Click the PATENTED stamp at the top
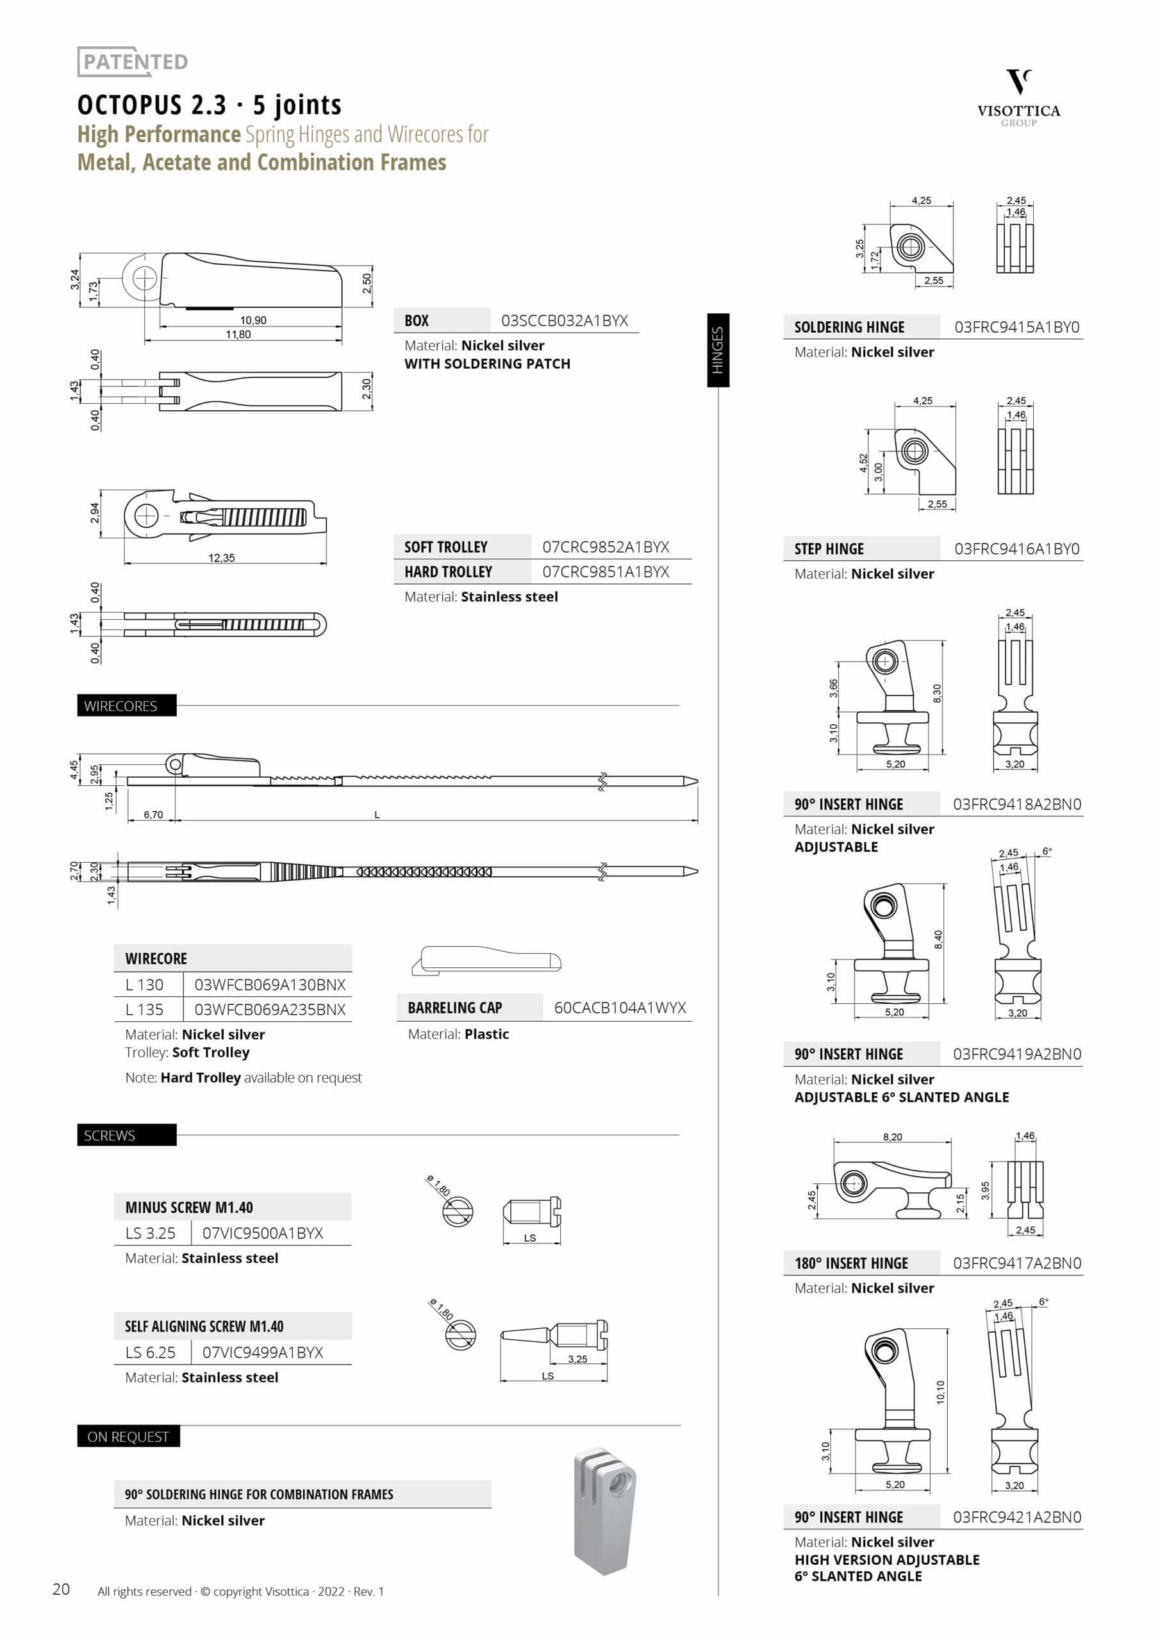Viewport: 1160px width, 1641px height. [x=133, y=62]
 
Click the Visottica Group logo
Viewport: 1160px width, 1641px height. [x=1018, y=98]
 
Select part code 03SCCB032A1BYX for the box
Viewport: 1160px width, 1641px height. [x=565, y=321]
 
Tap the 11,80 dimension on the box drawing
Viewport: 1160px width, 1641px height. [x=238, y=335]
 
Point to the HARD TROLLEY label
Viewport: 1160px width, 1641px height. [x=448, y=572]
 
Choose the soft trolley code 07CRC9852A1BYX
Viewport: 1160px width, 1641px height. [x=606, y=547]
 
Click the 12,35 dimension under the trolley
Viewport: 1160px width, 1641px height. [x=222, y=558]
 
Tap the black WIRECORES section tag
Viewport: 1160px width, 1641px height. [x=126, y=705]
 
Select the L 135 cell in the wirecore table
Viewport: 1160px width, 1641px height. [x=144, y=1009]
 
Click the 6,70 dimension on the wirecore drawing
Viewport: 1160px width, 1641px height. [x=153, y=814]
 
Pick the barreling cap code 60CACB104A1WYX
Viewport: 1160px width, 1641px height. [x=620, y=1008]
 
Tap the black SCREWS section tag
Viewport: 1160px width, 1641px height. [x=126, y=1135]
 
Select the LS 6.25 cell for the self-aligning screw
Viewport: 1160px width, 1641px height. [x=150, y=1353]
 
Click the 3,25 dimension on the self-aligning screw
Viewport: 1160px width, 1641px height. [x=577, y=1359]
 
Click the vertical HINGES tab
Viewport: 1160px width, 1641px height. [x=718, y=350]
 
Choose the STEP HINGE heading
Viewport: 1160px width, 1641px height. [x=829, y=549]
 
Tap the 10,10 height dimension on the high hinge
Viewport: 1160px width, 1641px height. [x=941, y=1392]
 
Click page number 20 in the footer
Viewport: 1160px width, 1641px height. [x=61, y=1589]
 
